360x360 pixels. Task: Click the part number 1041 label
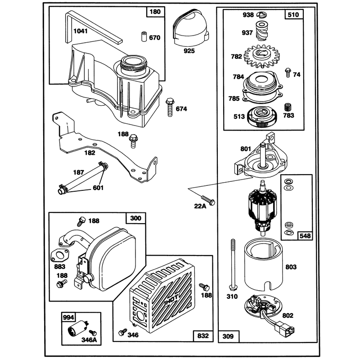click(x=81, y=31)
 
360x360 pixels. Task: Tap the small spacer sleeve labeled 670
click(x=144, y=36)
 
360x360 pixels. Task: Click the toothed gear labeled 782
click(x=261, y=55)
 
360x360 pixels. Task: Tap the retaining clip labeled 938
click(x=262, y=15)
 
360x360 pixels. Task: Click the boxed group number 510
click(x=293, y=15)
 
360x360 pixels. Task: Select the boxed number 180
click(x=155, y=12)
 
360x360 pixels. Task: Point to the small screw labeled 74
click(x=288, y=73)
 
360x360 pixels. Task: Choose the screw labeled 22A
click(x=208, y=200)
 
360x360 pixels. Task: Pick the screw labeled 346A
click(x=93, y=333)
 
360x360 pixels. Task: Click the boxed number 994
click(x=68, y=317)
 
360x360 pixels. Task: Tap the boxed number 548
click(x=305, y=236)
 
